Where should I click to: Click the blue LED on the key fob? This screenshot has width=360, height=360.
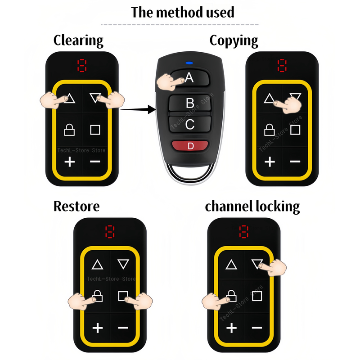click(189, 63)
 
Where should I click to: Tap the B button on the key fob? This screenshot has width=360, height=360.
click(190, 103)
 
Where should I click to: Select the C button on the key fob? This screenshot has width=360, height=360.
click(190, 124)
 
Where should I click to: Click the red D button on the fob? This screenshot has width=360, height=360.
click(190, 146)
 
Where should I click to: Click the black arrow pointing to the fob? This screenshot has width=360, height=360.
click(138, 109)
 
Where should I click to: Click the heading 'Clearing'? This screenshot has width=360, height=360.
click(78, 40)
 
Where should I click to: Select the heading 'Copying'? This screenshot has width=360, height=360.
click(234, 40)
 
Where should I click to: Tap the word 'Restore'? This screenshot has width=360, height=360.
click(76, 206)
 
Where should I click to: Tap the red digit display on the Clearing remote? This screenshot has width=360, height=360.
click(82, 65)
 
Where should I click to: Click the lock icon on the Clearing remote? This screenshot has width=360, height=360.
click(69, 130)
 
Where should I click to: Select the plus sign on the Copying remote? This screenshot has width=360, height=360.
click(270, 162)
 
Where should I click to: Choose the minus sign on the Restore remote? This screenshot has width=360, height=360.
click(123, 328)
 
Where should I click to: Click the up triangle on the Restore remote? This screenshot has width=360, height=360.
click(97, 265)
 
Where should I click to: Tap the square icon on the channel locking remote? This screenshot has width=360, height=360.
click(257, 296)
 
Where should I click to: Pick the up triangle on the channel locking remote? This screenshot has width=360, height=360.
click(231, 265)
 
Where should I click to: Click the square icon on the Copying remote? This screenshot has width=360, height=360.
click(295, 130)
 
